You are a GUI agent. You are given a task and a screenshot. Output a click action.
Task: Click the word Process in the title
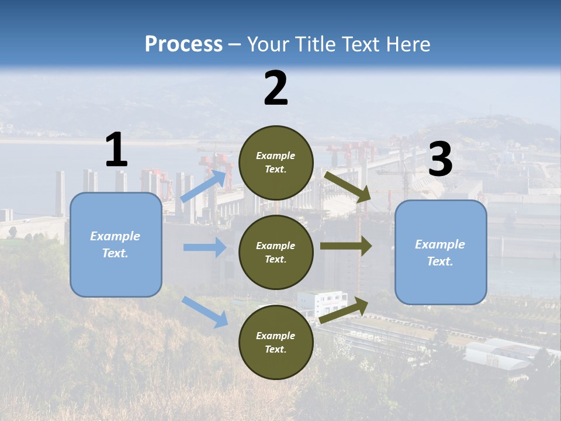[x=183, y=44]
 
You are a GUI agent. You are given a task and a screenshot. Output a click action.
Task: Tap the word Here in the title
[x=408, y=44]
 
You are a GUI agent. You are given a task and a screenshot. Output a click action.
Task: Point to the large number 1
[x=116, y=150]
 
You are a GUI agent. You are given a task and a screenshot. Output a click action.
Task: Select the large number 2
[x=276, y=88]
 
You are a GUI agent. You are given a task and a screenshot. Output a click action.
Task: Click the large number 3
[x=440, y=160]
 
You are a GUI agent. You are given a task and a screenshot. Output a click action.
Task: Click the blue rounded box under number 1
[x=116, y=244]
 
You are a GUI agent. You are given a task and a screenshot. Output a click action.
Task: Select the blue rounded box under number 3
[x=441, y=252]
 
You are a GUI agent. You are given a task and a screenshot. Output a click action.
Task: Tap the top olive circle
[x=276, y=163]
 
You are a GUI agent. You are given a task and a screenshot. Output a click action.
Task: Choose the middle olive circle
[x=276, y=252]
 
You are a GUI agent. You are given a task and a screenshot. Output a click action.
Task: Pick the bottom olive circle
[x=276, y=342]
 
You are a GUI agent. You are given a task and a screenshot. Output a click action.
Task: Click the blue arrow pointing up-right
[x=203, y=187]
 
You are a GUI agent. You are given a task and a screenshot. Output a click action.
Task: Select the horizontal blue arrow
[x=205, y=247]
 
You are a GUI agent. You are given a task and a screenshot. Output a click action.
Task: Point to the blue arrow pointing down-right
[x=205, y=312]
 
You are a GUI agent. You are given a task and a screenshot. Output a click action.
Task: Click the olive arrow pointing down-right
[x=348, y=187]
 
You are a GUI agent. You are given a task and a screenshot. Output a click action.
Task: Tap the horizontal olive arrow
[x=345, y=246]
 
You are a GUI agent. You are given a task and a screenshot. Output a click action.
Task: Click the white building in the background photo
[x=321, y=302]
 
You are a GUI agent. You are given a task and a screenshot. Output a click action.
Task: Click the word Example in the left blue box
[x=115, y=236]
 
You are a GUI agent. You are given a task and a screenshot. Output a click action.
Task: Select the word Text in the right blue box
[x=440, y=261]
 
